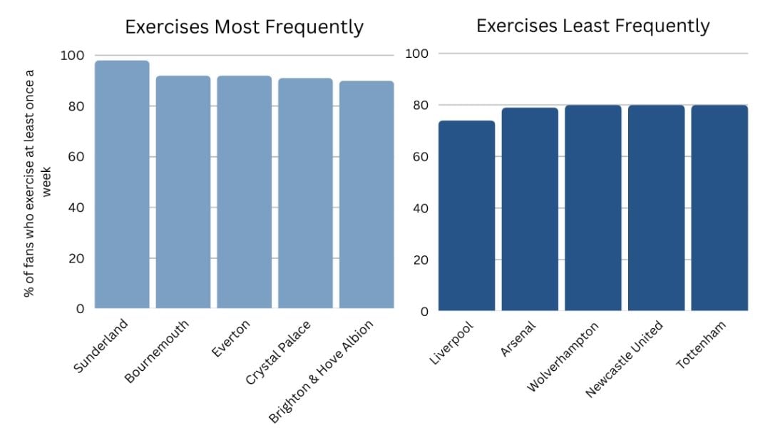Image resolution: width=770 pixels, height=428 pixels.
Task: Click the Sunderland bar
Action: (x=122, y=185)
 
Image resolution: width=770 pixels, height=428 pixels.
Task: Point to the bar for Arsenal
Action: (x=530, y=210)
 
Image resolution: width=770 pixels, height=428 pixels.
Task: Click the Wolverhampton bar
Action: (x=593, y=208)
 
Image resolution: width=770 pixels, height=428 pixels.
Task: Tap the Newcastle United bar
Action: (x=656, y=208)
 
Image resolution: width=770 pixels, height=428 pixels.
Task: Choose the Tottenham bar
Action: (x=719, y=208)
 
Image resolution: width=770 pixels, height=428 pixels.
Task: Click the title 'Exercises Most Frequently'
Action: (x=244, y=27)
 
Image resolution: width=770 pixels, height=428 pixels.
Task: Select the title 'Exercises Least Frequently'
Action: (x=592, y=26)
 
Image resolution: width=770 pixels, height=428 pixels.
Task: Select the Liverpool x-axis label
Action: (x=451, y=343)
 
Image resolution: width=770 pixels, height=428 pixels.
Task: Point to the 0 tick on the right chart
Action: (x=423, y=311)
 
